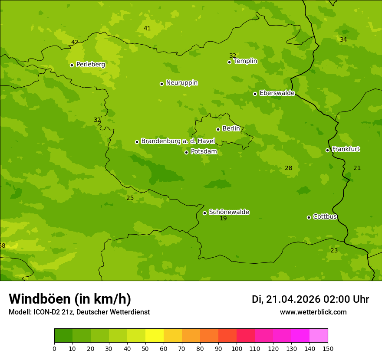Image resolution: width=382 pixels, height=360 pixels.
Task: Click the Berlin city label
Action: coord(231,129)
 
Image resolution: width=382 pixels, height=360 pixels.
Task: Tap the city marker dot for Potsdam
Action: coord(187,152)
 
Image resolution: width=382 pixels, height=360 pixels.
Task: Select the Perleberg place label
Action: coord(90,65)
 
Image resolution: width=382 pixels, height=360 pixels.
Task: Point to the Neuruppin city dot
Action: coord(161,84)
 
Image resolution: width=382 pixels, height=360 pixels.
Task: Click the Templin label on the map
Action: coord(245,61)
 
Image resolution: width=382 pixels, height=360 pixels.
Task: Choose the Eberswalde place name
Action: coord(277,93)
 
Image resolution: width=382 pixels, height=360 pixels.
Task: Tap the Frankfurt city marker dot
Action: coord(327,150)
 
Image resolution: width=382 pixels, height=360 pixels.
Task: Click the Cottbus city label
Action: coord(325,217)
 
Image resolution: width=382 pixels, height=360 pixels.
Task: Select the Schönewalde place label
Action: coord(229,212)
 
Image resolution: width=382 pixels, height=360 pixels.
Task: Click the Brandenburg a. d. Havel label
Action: coord(178,141)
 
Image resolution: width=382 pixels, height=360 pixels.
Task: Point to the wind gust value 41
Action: coord(147,29)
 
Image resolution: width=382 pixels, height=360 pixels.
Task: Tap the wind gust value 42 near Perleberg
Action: coord(75,43)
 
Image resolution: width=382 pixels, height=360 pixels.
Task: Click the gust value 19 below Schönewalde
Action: coord(223,219)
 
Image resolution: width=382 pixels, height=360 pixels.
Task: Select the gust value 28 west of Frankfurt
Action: coord(289,168)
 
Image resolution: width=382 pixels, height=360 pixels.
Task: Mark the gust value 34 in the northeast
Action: coord(343,40)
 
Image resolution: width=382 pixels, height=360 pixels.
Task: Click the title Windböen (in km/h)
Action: coord(70,299)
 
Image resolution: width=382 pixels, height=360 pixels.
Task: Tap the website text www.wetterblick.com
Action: coord(313,312)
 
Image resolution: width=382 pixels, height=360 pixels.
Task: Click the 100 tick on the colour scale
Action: coord(237,348)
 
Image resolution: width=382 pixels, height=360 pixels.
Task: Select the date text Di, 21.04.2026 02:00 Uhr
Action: coord(310,299)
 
